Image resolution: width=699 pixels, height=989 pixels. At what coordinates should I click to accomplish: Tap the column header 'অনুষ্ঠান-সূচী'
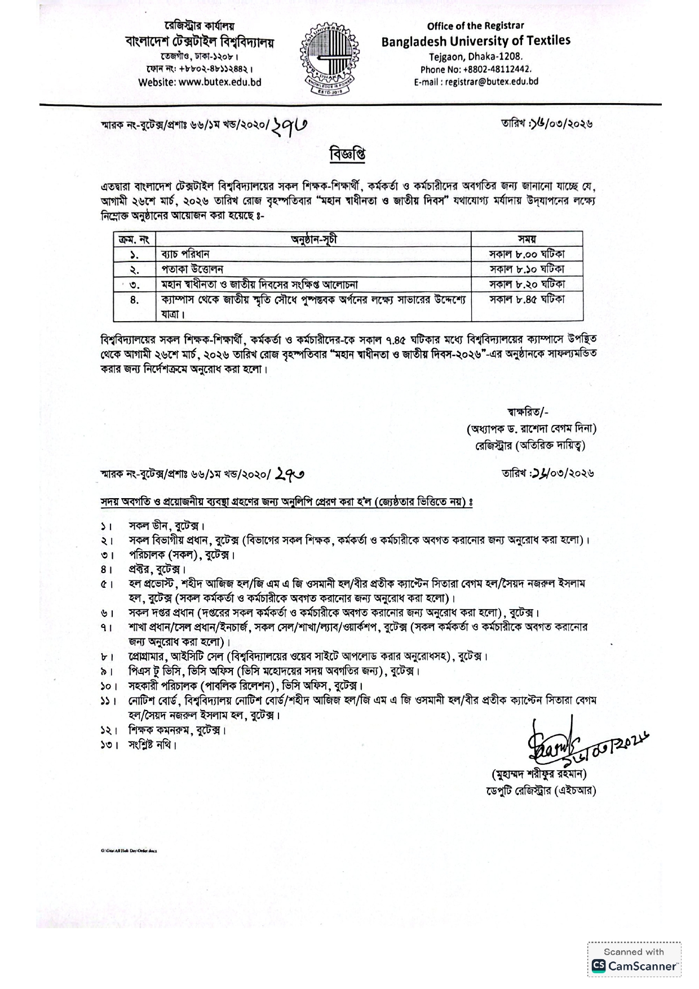[x=313, y=239]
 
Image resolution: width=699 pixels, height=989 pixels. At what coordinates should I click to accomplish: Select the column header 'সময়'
[x=527, y=239]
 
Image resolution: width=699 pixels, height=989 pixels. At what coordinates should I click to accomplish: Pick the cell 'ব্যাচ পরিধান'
[x=186, y=254]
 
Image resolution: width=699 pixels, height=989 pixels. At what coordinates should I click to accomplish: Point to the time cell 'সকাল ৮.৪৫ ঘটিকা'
[x=527, y=299]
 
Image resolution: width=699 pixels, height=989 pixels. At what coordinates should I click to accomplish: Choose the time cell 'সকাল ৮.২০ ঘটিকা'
[x=527, y=284]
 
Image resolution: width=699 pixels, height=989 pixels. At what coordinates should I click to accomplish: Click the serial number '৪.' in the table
[x=134, y=300]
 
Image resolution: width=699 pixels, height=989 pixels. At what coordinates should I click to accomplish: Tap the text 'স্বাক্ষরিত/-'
[x=525, y=412]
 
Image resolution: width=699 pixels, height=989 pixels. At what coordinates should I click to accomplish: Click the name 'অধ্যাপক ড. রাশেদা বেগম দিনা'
[x=532, y=429]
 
